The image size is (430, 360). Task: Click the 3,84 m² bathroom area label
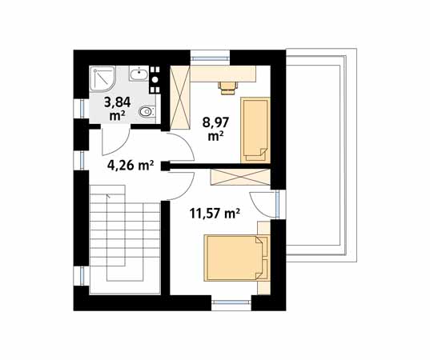[117, 109]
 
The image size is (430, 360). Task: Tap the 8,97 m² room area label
[215, 129]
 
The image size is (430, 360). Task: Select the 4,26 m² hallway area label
[131, 166]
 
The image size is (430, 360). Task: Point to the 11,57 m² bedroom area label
[215, 213]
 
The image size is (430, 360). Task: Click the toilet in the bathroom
[147, 111]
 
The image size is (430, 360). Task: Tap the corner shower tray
[102, 79]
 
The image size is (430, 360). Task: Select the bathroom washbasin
[139, 74]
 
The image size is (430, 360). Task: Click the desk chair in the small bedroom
[227, 88]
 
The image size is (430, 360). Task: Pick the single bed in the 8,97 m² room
[255, 130]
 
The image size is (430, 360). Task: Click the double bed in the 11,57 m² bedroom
[235, 258]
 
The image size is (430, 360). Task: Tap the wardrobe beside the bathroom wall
[180, 98]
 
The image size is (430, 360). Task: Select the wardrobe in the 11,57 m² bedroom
[240, 177]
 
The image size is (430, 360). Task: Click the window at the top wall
[210, 58]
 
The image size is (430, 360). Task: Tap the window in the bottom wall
[231, 302]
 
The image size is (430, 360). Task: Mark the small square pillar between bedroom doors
[166, 166]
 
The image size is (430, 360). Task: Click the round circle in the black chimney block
[155, 79]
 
